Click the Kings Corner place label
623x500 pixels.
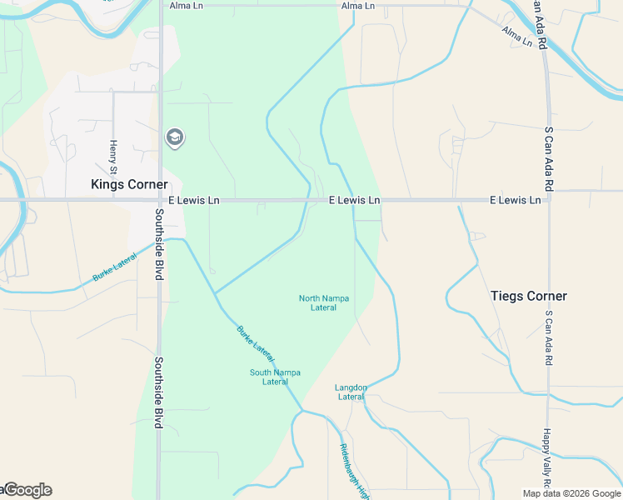129,184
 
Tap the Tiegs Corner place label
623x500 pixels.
529,296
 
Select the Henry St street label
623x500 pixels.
113,151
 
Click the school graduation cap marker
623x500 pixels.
174,137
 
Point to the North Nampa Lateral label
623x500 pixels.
324,302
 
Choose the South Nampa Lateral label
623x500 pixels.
275,377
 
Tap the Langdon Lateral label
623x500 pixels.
351,392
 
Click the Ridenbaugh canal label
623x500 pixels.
354,471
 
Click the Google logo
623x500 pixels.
27,490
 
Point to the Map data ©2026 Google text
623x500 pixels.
571,493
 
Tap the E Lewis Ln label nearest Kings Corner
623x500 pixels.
194,201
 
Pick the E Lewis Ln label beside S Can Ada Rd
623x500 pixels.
515,201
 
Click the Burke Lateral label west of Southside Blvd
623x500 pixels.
114,267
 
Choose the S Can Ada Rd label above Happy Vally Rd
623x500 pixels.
548,338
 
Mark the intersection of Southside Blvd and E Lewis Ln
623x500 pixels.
160,201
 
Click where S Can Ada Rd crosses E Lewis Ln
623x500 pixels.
548,200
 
